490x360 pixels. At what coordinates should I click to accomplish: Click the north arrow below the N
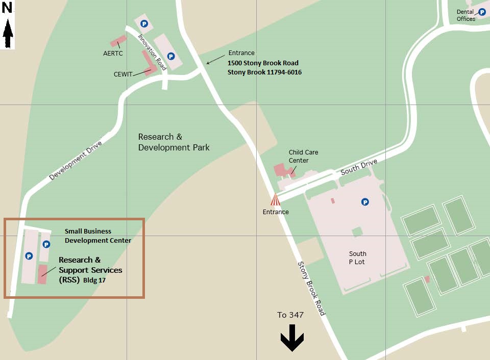tap(8, 35)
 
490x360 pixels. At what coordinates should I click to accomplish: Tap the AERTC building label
tap(112, 53)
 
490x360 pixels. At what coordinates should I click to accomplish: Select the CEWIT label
tap(123, 74)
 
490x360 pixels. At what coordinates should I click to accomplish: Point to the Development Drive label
tap(76, 160)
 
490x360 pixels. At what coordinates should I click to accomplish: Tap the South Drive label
tap(359, 167)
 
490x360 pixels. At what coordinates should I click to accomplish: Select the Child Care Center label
tap(303, 156)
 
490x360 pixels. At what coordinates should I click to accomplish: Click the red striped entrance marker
tap(276, 199)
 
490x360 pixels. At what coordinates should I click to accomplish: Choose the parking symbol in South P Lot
tap(365, 202)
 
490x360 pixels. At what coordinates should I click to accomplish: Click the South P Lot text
tap(357, 258)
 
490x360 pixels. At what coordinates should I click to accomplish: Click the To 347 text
tap(290, 315)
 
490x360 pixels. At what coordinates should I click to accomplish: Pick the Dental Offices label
tap(465, 15)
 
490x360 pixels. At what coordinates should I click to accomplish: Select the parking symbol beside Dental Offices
tap(482, 11)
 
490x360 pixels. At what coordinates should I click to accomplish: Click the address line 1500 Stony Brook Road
tap(263, 63)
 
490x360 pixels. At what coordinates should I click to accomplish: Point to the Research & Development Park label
tap(174, 142)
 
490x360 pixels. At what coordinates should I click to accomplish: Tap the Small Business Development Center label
tap(97, 236)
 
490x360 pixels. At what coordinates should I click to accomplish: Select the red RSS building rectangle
tap(43, 274)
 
